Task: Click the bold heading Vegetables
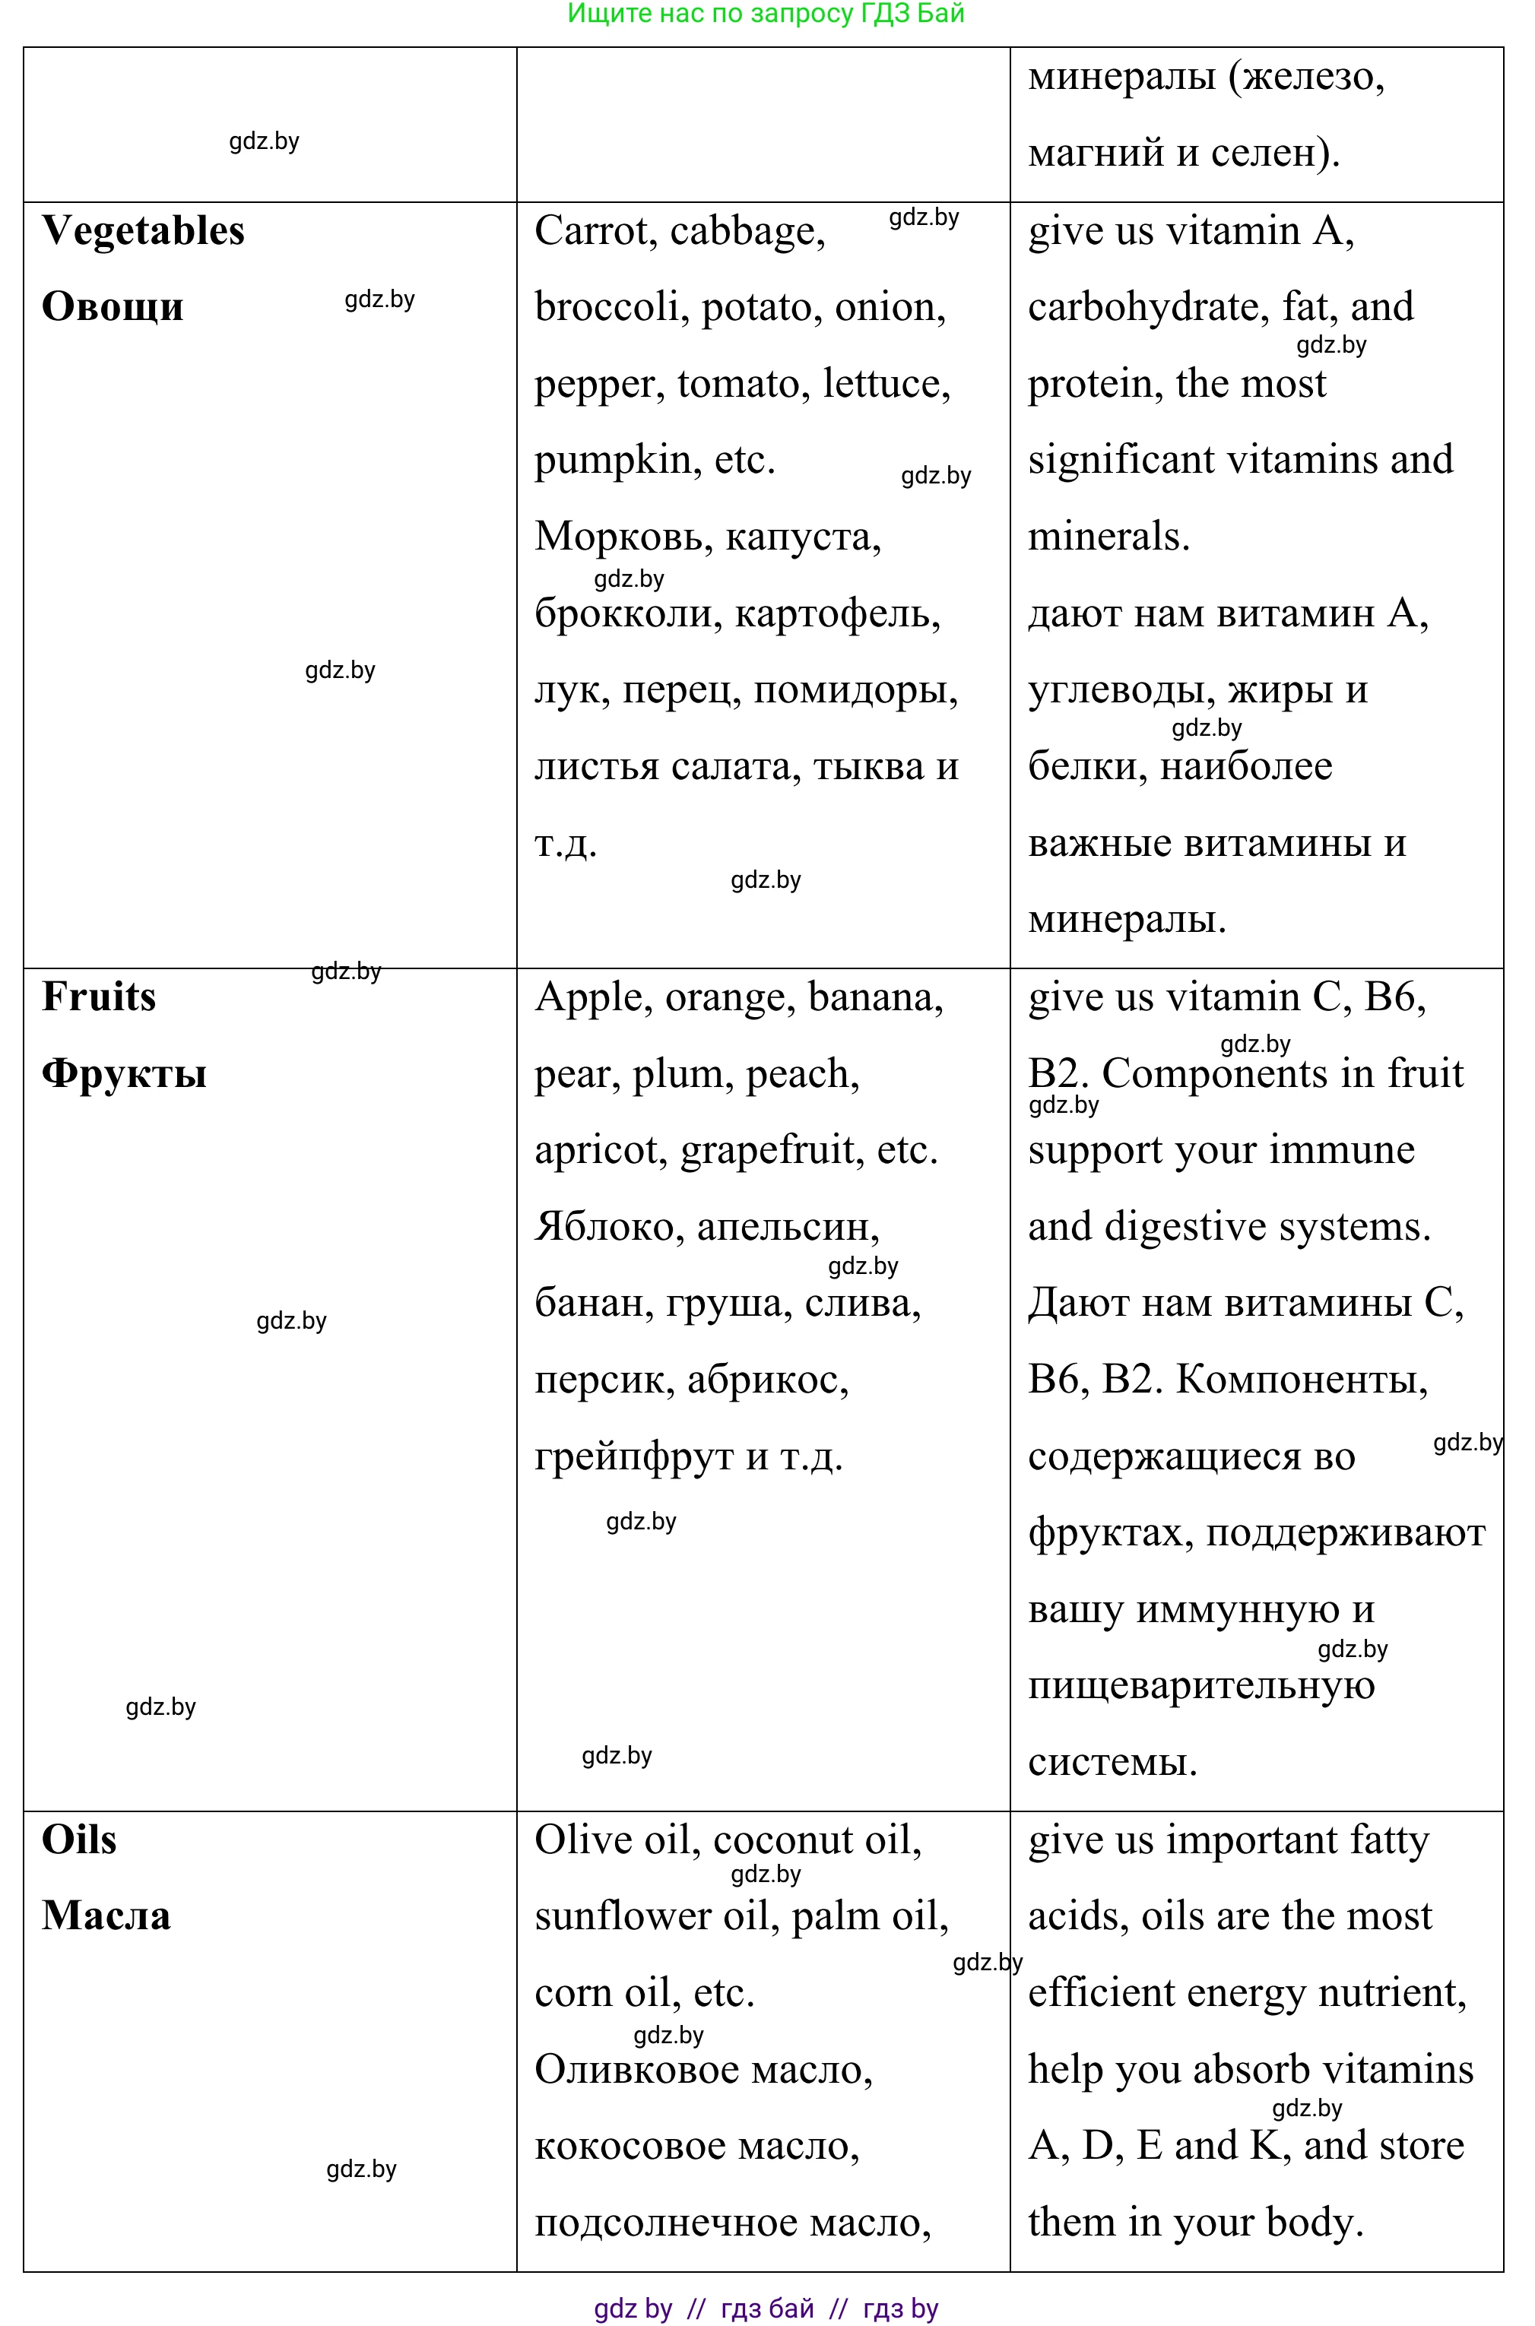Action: pos(143,232)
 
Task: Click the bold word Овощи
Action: pos(113,307)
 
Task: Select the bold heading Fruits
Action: pos(99,997)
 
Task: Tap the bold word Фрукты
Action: pos(125,1073)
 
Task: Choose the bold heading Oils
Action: pos(79,1840)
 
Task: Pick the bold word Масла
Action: pos(106,1916)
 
